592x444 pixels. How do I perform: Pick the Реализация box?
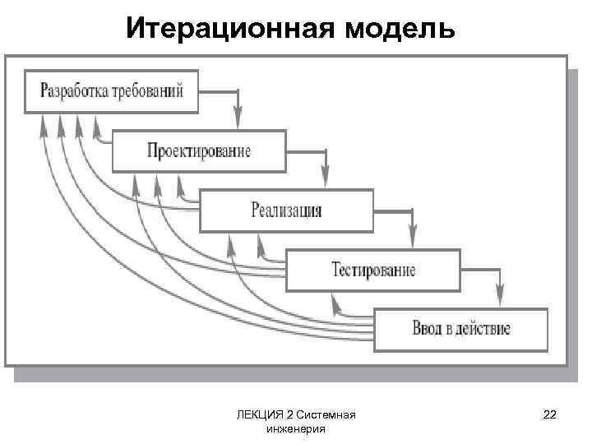tap(286, 210)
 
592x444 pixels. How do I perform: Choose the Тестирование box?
tap(373, 270)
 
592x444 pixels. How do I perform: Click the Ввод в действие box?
tap(460, 330)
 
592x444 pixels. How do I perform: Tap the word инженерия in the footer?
tap(296, 428)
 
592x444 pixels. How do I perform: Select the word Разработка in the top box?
tap(77, 90)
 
